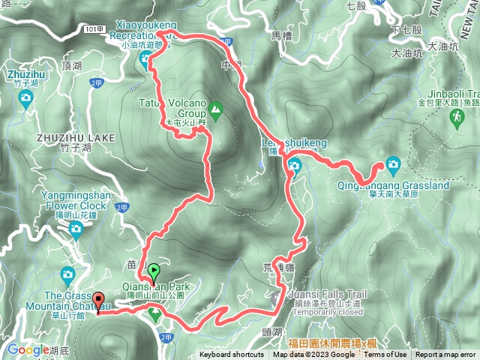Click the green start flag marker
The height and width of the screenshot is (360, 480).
click(x=154, y=271)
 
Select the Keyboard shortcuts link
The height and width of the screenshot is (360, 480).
click(x=232, y=355)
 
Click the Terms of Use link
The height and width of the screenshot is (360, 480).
click(x=385, y=355)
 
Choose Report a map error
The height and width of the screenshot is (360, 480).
click(x=445, y=355)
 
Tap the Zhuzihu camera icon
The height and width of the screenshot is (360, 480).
click(x=26, y=97)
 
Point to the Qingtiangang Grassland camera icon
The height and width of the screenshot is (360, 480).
click(x=393, y=164)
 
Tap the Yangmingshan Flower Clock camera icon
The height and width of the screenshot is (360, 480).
click(x=76, y=230)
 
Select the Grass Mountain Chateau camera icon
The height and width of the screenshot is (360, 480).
click(x=68, y=274)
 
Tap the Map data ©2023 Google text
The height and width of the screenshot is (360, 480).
click(x=313, y=355)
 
